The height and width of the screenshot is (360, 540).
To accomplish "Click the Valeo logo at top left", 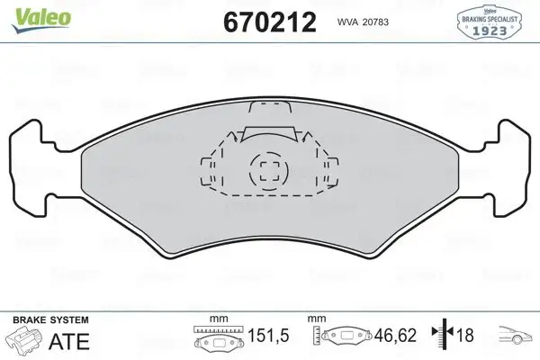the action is tap(41, 19).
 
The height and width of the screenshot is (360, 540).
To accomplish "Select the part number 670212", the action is tap(270, 22).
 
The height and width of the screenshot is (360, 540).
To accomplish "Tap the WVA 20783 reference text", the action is tap(363, 22).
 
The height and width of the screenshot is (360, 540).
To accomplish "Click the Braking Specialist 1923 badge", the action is tap(489, 22).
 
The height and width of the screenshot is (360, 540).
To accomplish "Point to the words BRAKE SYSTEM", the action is tap(50, 319).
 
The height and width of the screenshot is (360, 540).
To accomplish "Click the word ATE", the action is tap(69, 341).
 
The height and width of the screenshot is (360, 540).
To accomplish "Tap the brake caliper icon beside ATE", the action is tap(24, 339).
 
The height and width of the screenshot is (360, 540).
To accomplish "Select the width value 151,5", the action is tap(268, 335).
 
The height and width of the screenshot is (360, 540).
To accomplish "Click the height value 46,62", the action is tap(396, 335).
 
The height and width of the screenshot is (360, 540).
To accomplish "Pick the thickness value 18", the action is tap(465, 335).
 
